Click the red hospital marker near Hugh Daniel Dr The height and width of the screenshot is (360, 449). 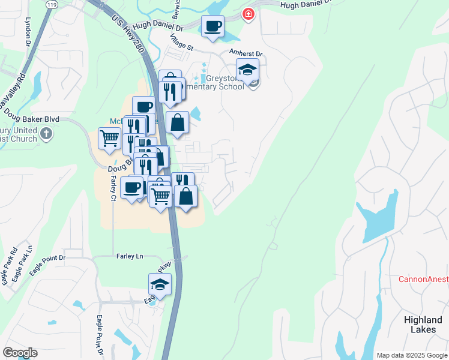[247, 14]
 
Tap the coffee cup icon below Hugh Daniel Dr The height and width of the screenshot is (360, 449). [212, 27]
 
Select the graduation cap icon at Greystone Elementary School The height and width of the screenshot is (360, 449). [247, 70]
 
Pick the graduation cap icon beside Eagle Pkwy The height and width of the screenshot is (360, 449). [160, 285]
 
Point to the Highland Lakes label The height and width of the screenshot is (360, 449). [423, 325]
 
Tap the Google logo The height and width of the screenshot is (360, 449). [20, 353]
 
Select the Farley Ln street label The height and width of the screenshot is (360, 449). [130, 256]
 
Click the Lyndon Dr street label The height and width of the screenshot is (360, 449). [28, 35]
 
